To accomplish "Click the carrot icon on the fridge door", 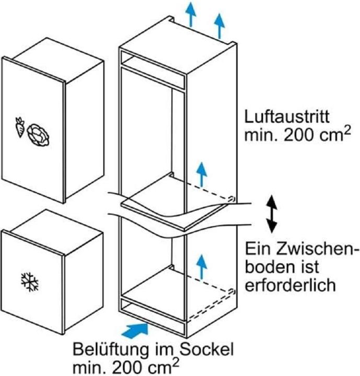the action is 20,127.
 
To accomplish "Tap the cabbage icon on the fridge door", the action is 38,135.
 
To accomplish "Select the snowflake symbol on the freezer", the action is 30,282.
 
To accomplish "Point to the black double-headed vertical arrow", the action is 272,214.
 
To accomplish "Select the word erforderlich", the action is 290,285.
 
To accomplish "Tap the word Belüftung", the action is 111,350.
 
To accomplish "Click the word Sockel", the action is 206,349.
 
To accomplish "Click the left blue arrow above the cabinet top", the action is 191,14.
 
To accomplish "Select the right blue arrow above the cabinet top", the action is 219,26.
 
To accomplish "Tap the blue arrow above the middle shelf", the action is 202,174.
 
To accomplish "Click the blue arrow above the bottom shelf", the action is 202,267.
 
